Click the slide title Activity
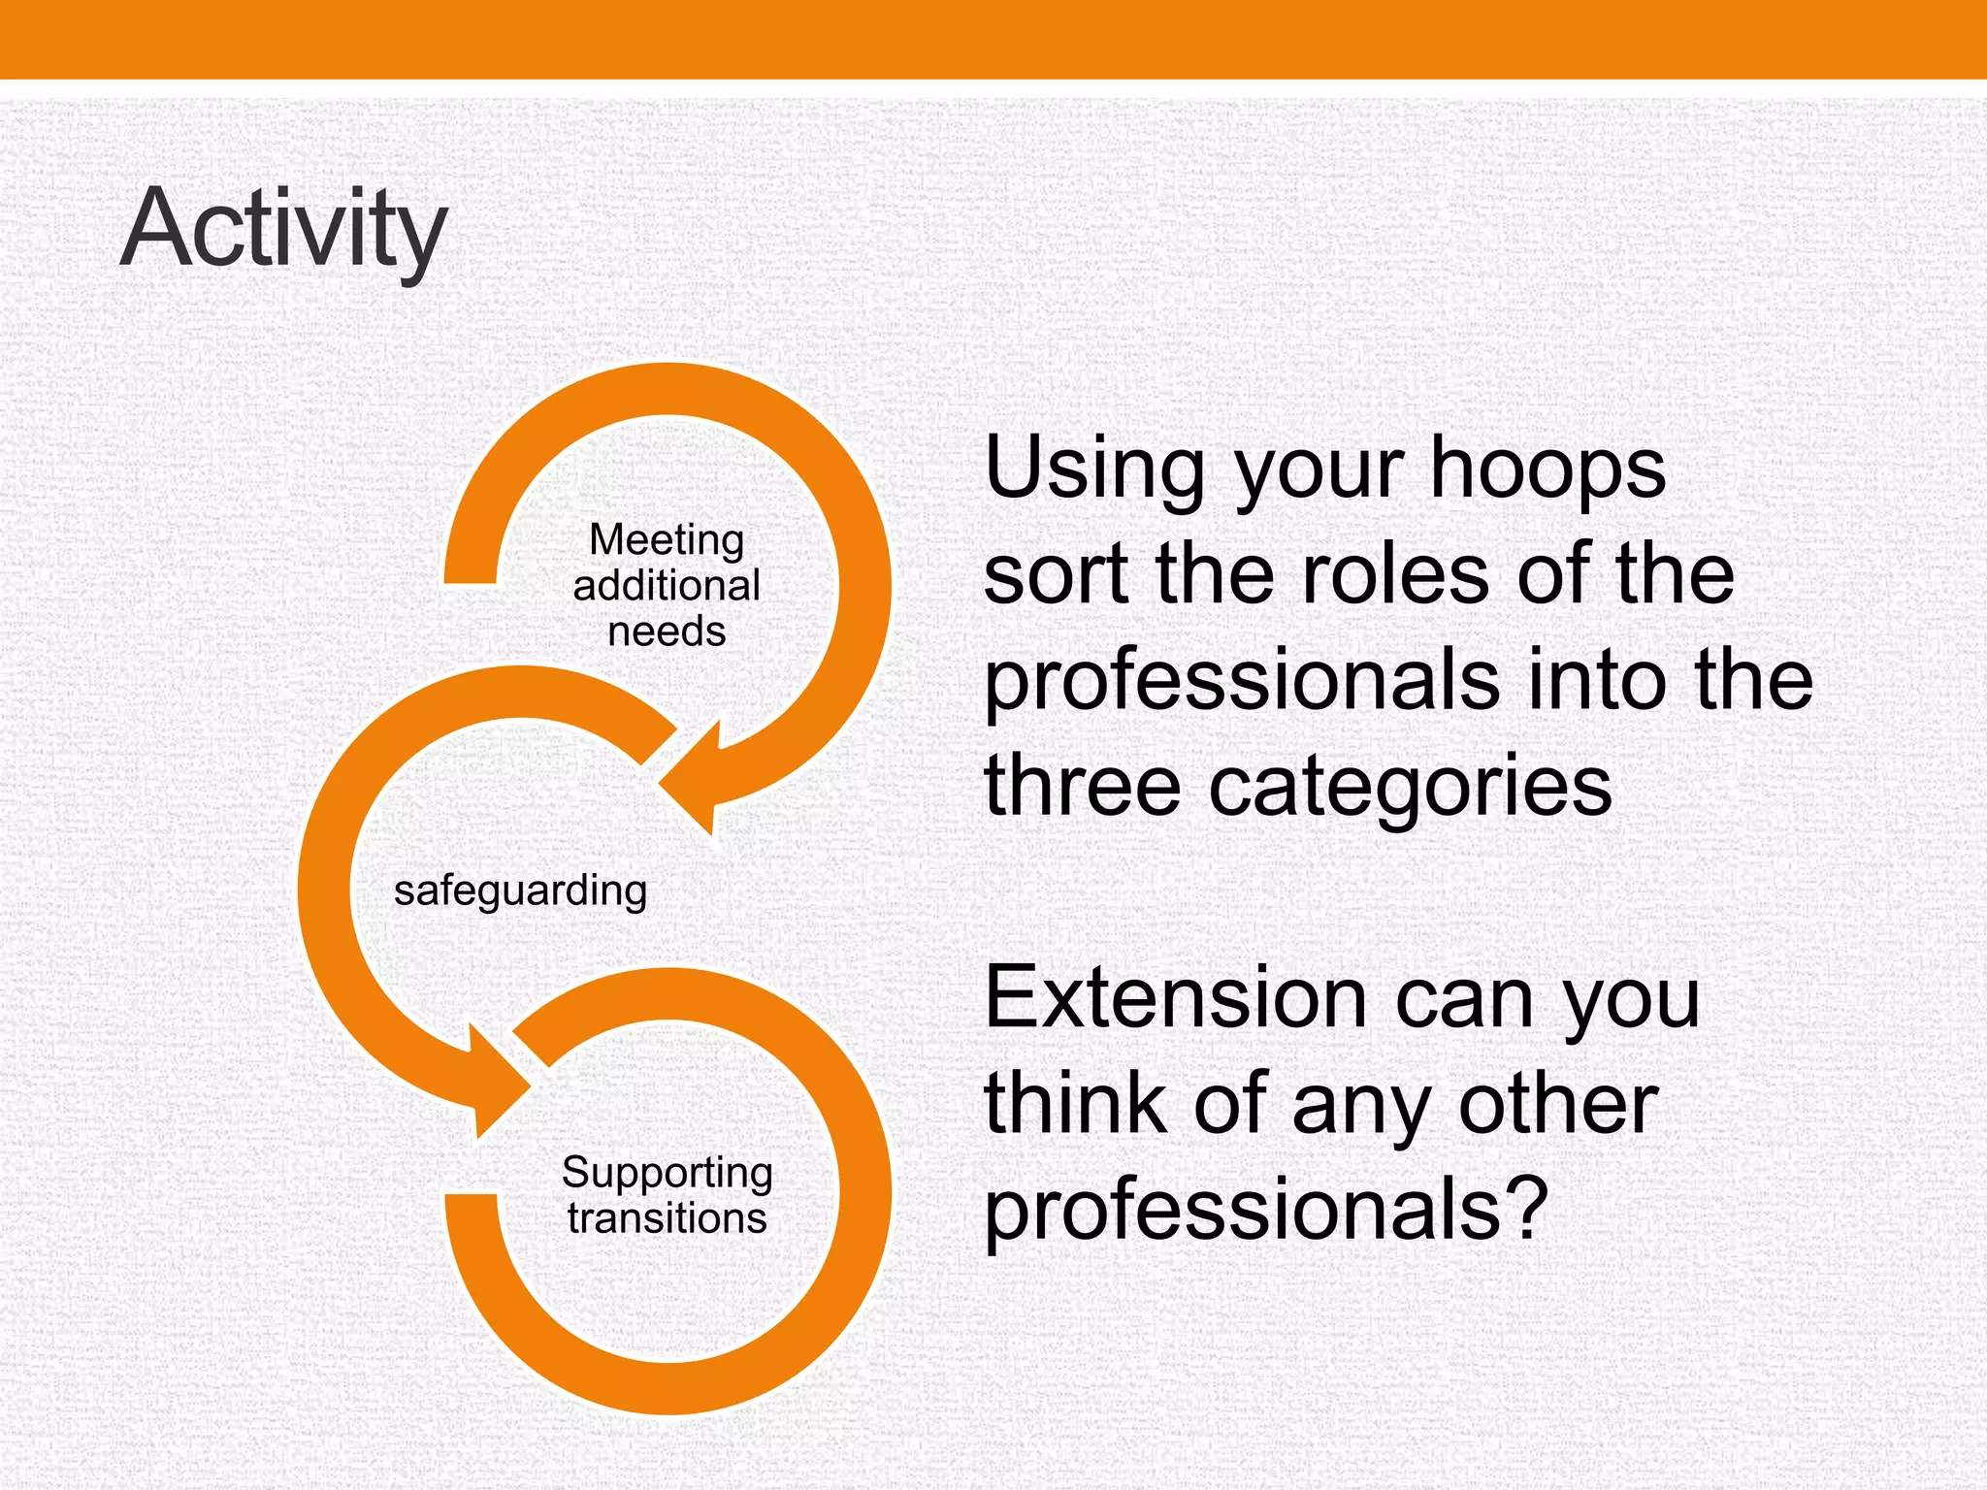coord(282,231)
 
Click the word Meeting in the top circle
coord(667,539)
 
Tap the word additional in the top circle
coord(667,586)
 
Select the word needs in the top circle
coord(667,632)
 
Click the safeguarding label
coord(520,891)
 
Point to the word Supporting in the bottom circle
coord(667,1173)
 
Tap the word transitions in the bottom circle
coord(667,1219)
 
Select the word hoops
coord(1547,470)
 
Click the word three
coord(1082,786)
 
